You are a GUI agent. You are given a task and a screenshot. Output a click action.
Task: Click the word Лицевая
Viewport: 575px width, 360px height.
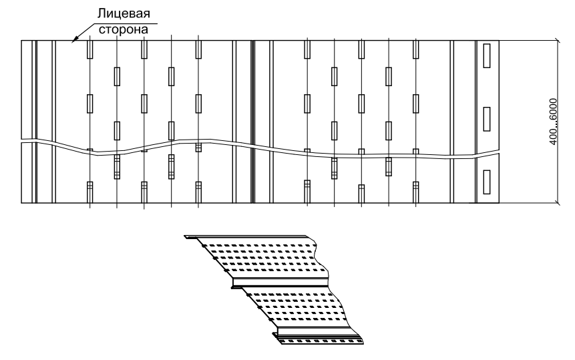click(124, 13)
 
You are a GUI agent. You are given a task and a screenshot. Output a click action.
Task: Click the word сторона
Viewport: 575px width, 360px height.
click(124, 29)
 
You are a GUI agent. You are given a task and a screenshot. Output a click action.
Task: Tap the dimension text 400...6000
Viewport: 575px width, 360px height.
click(553, 122)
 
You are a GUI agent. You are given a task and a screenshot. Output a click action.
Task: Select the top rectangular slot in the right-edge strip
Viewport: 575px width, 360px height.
click(487, 55)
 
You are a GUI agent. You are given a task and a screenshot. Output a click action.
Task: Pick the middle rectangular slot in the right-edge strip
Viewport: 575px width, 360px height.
click(487, 119)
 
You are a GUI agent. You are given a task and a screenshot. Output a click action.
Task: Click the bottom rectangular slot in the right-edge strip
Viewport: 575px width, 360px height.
click(487, 182)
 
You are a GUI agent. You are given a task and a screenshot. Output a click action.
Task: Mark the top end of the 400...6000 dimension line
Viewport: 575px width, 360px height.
click(558, 40)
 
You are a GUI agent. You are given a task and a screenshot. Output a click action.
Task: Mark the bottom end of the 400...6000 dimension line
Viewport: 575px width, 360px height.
click(558, 202)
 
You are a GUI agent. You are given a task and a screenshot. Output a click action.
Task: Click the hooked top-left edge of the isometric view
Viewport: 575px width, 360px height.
click(192, 238)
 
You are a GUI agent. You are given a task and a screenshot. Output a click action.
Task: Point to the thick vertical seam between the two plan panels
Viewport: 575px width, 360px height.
click(252, 122)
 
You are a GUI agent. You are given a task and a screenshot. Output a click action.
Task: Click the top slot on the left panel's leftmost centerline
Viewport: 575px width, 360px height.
click(90, 49)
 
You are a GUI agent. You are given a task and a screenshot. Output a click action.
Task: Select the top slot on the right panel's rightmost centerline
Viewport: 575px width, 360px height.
click(415, 49)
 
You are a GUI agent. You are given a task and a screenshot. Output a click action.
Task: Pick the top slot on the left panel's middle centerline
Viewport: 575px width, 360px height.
click(144, 49)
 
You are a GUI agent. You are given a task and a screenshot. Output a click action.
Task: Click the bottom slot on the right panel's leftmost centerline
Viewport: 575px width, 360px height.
click(307, 192)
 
